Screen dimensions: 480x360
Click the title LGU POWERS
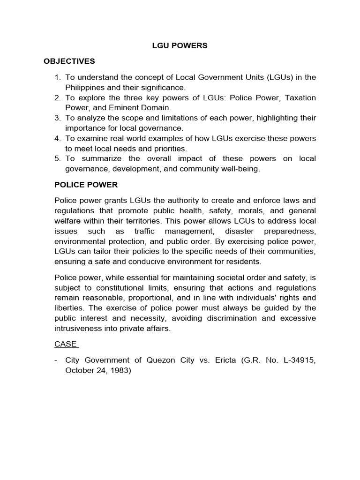coord(180,46)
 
